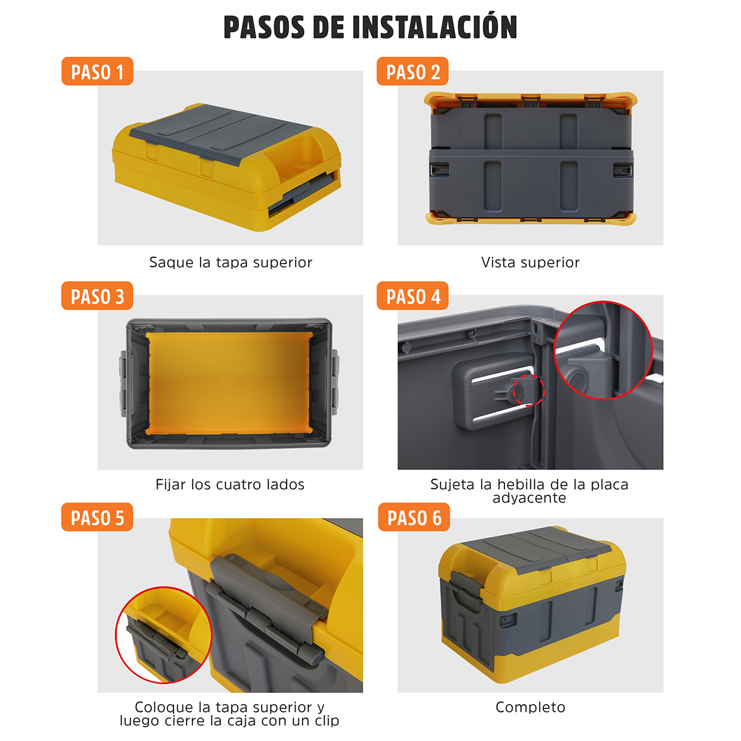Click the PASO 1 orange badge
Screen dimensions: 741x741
[97, 72]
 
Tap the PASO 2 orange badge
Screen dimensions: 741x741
[412, 72]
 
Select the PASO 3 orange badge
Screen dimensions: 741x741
[97, 296]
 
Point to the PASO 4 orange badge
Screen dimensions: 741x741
[412, 296]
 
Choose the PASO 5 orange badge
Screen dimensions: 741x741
[97, 517]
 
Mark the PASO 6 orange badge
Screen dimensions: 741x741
[414, 517]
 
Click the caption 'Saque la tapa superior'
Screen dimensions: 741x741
[230, 262]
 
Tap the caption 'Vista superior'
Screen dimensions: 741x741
[530, 262]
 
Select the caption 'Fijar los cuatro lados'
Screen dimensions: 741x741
[230, 485]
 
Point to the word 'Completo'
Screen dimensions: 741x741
[530, 707]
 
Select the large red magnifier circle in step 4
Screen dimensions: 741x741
[603, 350]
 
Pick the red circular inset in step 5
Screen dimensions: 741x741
[164, 635]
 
